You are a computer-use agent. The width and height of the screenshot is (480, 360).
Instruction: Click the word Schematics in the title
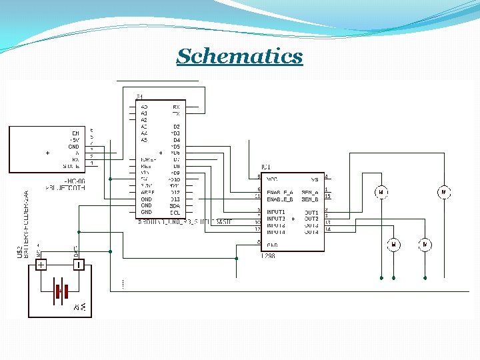click(x=239, y=56)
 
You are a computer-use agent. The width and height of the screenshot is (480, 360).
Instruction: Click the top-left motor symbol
click(x=381, y=193)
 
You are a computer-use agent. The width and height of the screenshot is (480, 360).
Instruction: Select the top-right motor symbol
click(x=443, y=193)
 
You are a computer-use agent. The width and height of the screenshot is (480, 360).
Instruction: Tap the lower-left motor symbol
click(x=393, y=245)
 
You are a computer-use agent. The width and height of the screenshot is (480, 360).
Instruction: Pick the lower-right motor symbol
click(x=425, y=245)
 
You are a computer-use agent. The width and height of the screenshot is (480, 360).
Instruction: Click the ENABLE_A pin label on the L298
click(x=280, y=193)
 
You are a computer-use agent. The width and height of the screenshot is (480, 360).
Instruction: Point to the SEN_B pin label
click(x=310, y=199)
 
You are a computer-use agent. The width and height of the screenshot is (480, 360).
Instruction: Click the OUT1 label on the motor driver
click(x=311, y=213)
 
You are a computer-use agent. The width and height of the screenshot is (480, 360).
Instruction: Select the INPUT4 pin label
click(x=276, y=232)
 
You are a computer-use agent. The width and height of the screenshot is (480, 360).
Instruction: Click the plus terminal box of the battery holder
click(x=41, y=265)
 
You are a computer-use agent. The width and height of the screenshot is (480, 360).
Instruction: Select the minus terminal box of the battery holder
click(x=78, y=265)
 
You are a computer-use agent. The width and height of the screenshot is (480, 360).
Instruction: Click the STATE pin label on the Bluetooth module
click(x=71, y=166)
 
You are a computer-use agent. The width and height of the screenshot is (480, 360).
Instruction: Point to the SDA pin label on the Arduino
click(x=175, y=206)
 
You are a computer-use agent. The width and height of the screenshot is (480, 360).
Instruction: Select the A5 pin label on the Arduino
click(x=144, y=140)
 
